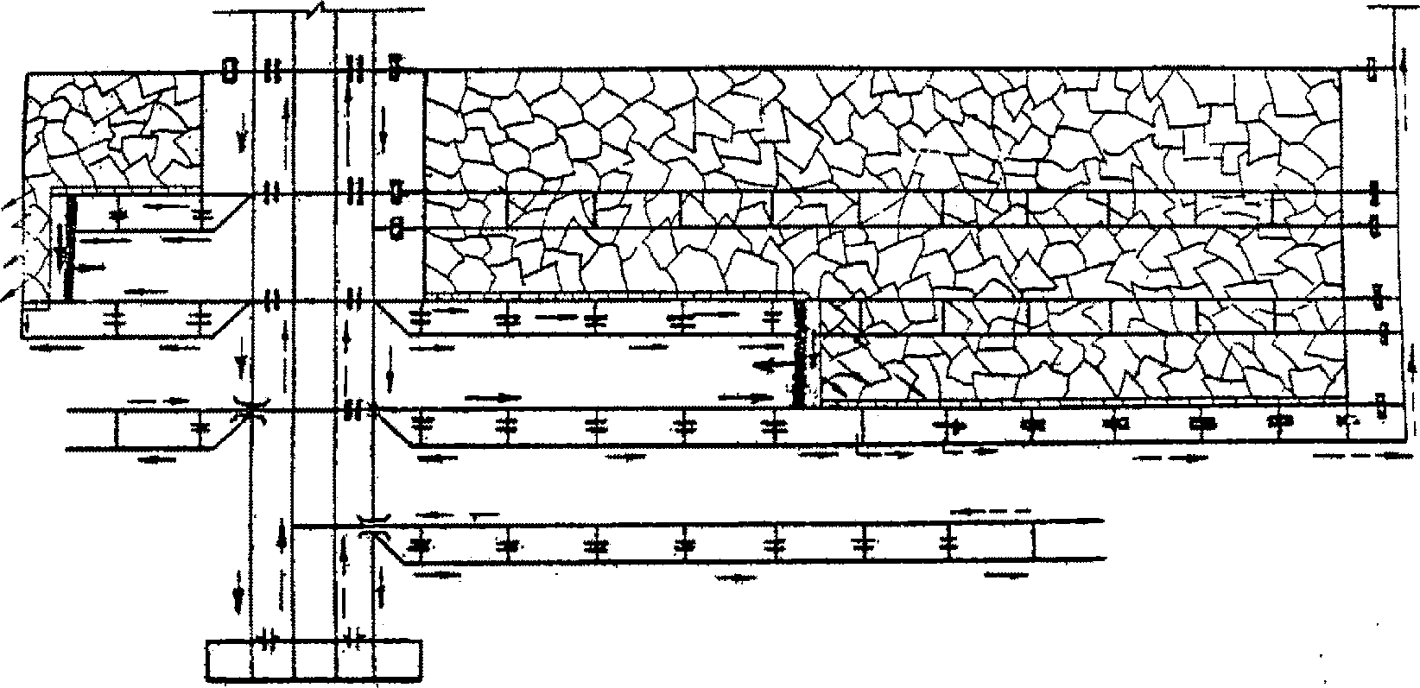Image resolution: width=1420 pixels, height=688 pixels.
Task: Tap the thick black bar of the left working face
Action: pos(69,249)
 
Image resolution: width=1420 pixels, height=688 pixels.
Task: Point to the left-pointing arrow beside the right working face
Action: pos(767,366)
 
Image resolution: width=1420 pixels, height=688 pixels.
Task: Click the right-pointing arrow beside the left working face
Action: pos(92,267)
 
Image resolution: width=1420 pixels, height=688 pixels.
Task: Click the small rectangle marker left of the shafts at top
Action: pos(229,70)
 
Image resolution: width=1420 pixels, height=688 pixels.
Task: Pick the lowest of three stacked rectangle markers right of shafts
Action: pos(396,229)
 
